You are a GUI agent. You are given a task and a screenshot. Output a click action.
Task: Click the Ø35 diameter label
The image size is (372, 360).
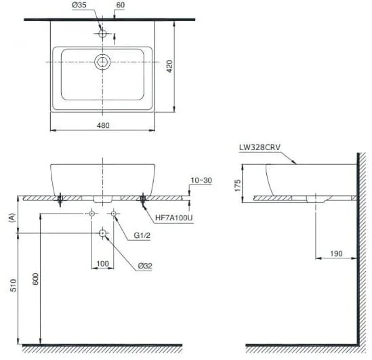pos(79,5)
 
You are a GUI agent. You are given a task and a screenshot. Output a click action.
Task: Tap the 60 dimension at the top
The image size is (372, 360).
pos(121,5)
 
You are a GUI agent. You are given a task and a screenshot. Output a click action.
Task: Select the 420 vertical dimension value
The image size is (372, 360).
pos(169,66)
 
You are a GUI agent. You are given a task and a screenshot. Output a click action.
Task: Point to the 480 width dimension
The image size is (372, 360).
pos(103,125)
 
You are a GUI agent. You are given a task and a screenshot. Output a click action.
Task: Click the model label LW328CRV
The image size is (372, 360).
pos(260,147)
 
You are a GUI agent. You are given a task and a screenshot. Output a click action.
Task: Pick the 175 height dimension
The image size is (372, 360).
pos(237,185)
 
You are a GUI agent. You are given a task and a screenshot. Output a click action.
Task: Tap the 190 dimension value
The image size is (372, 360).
pos(336,254)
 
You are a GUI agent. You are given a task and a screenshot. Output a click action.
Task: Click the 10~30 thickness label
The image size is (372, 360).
pos(201,180)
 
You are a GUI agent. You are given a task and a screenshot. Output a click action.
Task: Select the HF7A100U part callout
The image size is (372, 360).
pos(174,218)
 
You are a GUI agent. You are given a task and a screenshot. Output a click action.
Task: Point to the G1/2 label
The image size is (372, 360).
pos(142,235)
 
